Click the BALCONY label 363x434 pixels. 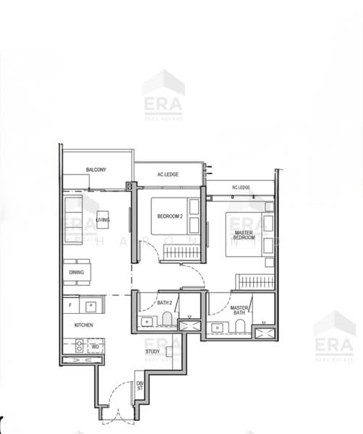pyautogui.click(x=96, y=170)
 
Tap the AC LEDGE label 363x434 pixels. pyautogui.click(x=168, y=174)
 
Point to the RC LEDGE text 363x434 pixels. pyautogui.click(x=241, y=188)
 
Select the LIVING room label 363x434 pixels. pyautogui.click(x=103, y=220)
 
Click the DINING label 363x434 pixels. pyautogui.click(x=76, y=273)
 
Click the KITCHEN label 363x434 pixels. pyautogui.click(x=83, y=325)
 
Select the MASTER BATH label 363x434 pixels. pyautogui.click(x=239, y=310)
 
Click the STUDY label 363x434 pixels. pyautogui.click(x=153, y=352)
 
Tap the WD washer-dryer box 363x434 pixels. pyautogui.click(x=94, y=346)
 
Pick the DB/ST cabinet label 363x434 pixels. pyautogui.click(x=140, y=386)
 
